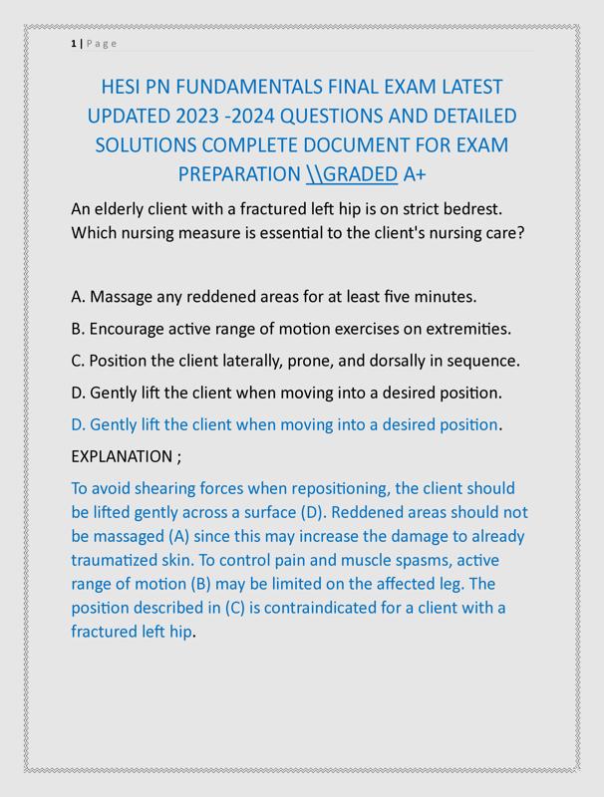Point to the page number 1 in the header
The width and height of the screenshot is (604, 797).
click(x=74, y=43)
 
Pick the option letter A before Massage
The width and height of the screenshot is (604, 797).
click(x=78, y=297)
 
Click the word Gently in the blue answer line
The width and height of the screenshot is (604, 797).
click(x=116, y=424)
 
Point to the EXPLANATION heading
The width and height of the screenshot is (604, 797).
click(x=122, y=456)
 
